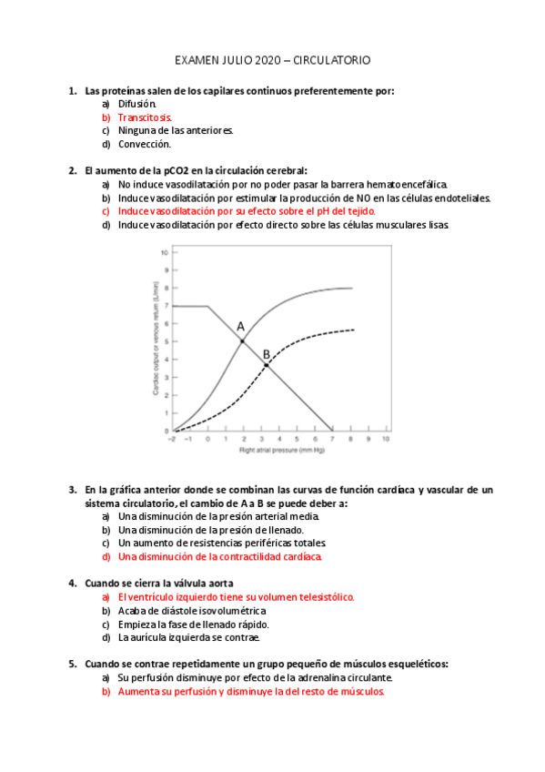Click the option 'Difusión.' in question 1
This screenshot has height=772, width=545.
click(137, 105)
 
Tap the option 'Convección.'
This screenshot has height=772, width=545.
click(144, 144)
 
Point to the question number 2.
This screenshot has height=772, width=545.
click(72, 170)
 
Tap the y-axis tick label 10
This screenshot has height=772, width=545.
click(165, 252)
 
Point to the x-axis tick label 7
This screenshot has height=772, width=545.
click(332, 438)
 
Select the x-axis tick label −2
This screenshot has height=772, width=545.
click(172, 438)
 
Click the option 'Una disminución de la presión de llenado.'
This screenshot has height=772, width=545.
click(210, 530)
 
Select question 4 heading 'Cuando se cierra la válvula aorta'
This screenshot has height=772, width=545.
click(159, 583)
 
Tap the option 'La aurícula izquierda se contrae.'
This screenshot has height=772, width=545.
click(189, 637)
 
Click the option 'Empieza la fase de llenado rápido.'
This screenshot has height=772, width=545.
click(193, 625)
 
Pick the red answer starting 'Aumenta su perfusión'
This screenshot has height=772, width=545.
click(251, 691)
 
